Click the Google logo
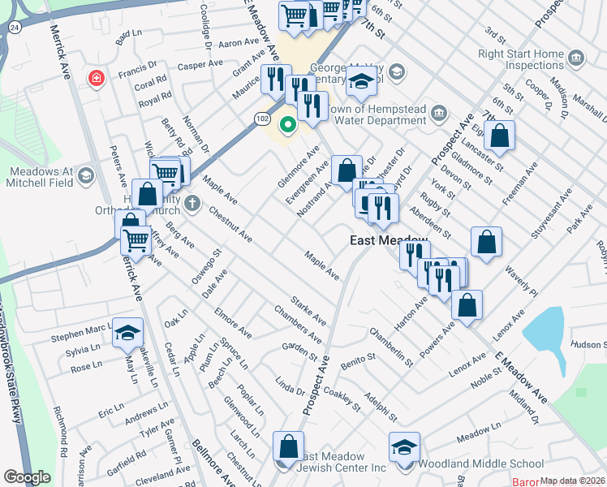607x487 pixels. pyautogui.click(x=27, y=477)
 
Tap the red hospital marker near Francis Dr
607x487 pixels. pyautogui.click(x=96, y=79)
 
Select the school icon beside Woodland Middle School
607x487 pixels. pyautogui.click(x=404, y=447)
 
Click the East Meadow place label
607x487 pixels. pyautogui.click(x=388, y=240)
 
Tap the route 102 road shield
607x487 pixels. pyautogui.click(x=262, y=118)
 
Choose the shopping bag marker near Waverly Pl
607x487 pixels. pyautogui.click(x=485, y=242)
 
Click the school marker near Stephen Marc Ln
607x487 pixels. pyautogui.click(x=127, y=333)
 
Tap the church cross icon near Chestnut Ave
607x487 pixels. pyautogui.click(x=192, y=202)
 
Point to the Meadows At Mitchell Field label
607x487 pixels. pyautogui.click(x=41, y=178)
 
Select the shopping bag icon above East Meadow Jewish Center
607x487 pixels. pyautogui.click(x=288, y=446)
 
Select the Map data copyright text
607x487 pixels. pyautogui.click(x=572, y=481)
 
